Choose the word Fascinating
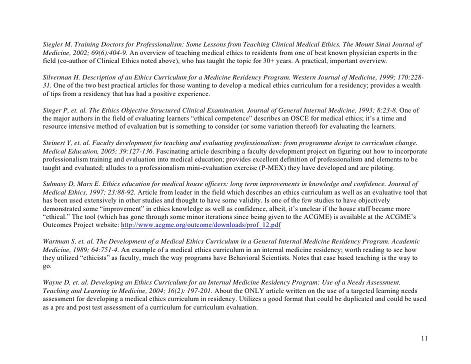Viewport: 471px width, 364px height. [x=155, y=150]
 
